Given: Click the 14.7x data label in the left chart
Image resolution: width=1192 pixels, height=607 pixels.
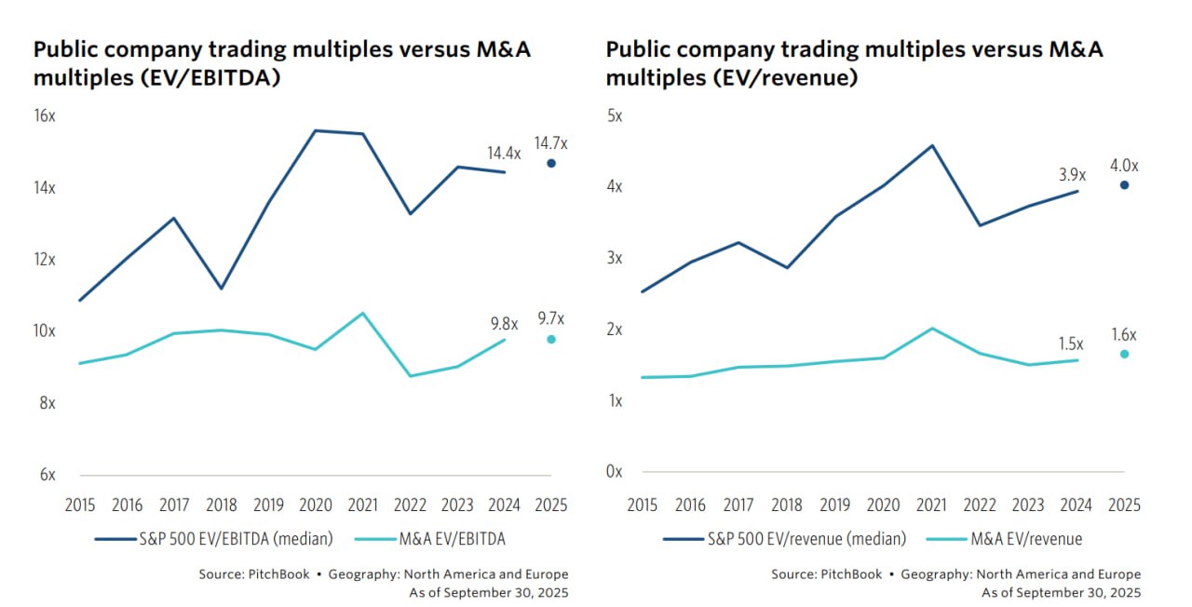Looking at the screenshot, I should coord(550,143).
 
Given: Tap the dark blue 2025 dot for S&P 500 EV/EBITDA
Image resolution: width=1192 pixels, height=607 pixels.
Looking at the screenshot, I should coord(550,163).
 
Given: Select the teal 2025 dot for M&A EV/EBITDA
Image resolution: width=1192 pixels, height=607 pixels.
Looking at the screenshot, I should coord(550,339).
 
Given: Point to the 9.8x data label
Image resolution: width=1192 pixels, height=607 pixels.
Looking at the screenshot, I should coord(505,324).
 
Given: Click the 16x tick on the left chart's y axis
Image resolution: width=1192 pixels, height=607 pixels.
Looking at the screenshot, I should coord(45,116).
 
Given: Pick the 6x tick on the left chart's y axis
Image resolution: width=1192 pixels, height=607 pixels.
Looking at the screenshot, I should coord(47,475).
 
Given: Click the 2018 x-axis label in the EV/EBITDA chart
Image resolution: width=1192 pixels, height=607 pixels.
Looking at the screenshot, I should coord(222,506).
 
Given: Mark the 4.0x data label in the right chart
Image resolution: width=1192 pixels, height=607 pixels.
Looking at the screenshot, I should coord(1124,166).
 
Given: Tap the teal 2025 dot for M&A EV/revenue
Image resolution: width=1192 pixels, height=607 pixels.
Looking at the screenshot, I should coord(1124,354).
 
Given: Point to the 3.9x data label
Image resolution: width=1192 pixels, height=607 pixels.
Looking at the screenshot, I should coord(1071,174).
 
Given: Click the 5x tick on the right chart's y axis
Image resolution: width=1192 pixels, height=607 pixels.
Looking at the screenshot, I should coord(614,116).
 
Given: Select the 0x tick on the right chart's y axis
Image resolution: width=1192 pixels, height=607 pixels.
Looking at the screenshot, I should coord(614,472).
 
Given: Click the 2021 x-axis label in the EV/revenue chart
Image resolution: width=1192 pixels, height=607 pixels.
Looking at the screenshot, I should coord(932,506).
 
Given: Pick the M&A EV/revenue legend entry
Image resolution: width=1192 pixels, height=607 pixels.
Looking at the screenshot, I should coord(1026,538).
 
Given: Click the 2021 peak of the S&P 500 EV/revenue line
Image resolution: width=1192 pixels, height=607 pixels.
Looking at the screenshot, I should coord(932,145).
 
